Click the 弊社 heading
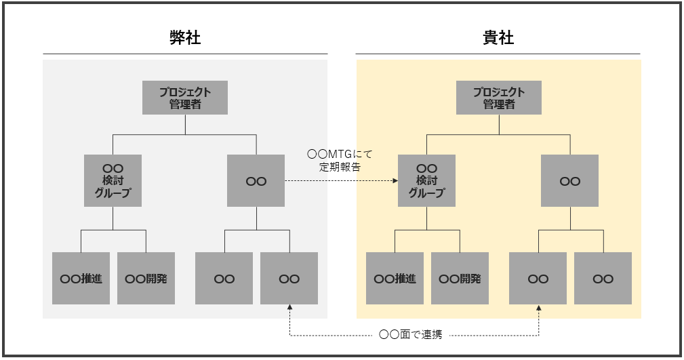click(185, 37)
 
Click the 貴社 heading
click(498, 37)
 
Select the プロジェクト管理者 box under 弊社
click(185, 98)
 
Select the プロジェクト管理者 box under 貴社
click(499, 98)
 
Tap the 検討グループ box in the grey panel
click(113, 180)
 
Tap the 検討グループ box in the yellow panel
click(426, 180)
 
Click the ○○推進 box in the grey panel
click(81, 278)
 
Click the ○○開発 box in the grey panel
click(146, 278)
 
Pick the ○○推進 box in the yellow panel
click(395, 278)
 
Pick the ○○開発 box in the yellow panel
click(460, 278)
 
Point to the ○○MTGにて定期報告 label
click(340, 160)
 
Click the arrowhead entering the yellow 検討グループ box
click(395, 181)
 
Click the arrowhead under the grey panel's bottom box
click(289, 308)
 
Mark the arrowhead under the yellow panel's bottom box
click(539, 308)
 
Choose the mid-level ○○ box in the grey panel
click(256, 180)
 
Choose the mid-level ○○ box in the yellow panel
click(569, 180)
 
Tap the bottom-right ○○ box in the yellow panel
click(603, 278)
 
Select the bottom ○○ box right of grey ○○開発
click(224, 278)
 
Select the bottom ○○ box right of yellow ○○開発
click(538, 278)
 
